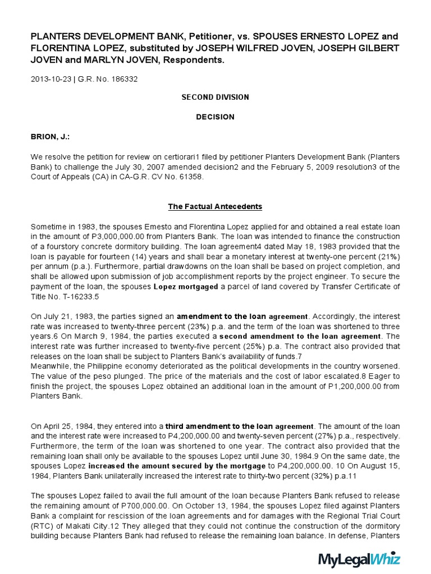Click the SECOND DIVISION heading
215,97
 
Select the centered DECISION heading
215,117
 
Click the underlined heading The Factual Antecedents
215,206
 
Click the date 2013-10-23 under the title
51,79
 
